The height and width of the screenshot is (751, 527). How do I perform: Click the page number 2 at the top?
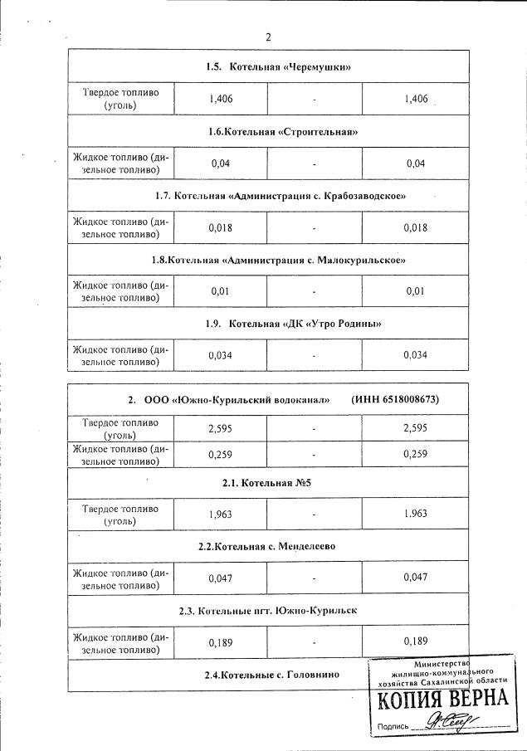[268, 37]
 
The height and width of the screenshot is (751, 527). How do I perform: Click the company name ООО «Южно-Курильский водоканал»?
[241, 400]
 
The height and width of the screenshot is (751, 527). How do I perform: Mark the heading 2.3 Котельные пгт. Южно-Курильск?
[268, 610]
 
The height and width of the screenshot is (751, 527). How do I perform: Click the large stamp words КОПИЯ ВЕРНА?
[442, 701]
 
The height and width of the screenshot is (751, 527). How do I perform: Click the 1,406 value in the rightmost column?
[415, 100]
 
